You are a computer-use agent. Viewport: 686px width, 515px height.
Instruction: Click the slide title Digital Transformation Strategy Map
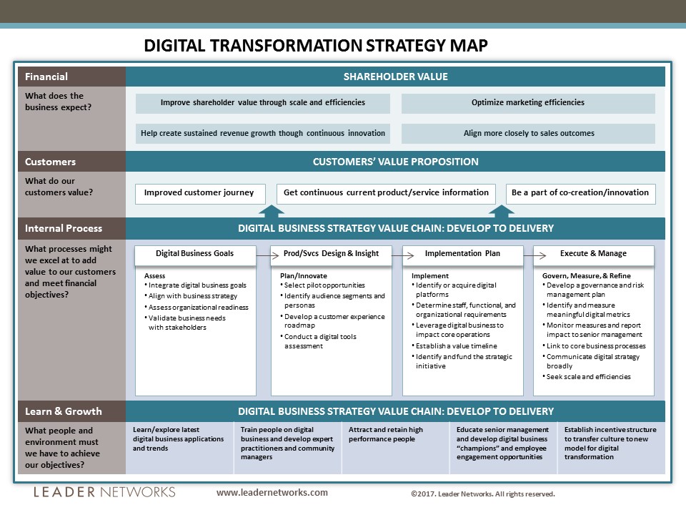point(315,46)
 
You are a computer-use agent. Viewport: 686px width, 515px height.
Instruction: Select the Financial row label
point(46,77)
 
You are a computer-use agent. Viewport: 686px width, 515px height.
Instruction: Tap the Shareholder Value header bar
point(395,77)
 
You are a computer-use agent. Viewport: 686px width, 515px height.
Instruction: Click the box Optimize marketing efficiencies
point(528,102)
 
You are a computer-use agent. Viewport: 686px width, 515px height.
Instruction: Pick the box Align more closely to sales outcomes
point(528,133)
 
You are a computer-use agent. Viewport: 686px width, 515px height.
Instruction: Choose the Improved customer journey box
point(200,193)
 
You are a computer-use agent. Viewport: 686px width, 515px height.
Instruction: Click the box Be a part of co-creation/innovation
point(580,193)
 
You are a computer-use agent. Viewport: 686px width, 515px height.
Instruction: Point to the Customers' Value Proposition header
point(395,162)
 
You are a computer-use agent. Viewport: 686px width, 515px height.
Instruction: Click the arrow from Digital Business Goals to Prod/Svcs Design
point(267,255)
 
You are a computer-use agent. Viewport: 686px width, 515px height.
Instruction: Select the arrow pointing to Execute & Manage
point(535,255)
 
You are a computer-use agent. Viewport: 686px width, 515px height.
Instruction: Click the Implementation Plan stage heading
point(462,253)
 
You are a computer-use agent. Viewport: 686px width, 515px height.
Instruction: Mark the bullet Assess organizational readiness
point(197,308)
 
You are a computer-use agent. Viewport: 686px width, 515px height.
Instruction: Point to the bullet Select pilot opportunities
point(322,285)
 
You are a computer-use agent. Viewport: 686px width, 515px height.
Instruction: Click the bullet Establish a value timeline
point(454,346)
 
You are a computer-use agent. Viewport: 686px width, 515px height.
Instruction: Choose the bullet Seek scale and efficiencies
point(586,377)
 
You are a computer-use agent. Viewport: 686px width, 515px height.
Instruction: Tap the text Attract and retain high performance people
point(386,434)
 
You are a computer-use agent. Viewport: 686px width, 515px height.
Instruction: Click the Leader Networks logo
point(104,492)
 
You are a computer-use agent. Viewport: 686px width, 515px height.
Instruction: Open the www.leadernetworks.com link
point(272,493)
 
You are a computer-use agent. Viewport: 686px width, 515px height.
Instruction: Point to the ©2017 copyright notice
point(483,494)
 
